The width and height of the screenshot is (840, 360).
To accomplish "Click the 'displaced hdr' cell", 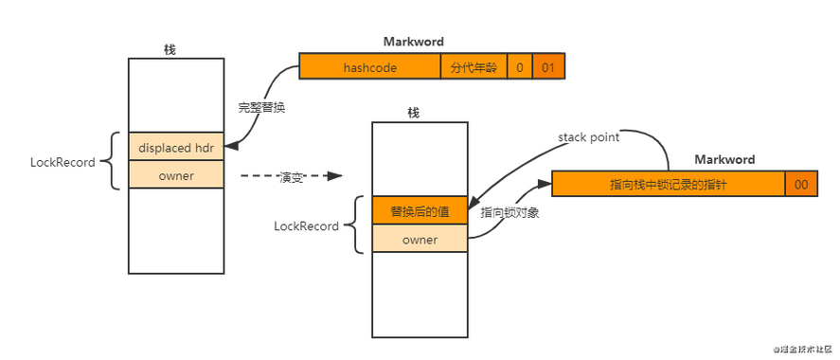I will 175,147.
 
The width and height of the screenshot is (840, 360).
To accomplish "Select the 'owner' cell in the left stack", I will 175,174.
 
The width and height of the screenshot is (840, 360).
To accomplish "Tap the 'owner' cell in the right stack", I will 420,240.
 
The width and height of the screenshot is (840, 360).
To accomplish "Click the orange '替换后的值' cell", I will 420,211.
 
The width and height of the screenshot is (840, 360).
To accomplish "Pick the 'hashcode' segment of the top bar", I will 369,68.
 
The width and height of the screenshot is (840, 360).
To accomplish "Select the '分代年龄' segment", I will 473,68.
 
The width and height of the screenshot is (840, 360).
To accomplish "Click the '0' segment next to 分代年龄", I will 519,68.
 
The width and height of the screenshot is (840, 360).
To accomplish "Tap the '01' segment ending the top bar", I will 548,68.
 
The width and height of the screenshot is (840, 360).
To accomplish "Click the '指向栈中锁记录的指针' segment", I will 668,185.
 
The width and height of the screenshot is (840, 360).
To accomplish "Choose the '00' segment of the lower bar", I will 801,185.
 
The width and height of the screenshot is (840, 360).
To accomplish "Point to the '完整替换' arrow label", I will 261,107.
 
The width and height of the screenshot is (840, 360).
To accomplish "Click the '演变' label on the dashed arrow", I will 290,177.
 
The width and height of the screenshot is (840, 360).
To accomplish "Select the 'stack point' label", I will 588,137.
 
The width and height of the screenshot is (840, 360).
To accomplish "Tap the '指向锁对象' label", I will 509,212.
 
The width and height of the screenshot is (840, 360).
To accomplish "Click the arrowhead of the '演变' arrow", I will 331,176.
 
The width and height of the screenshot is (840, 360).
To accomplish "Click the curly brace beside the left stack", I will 115,161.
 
